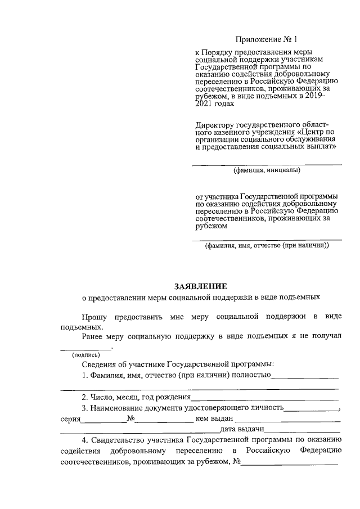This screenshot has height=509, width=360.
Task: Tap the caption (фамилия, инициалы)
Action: pos(267,170)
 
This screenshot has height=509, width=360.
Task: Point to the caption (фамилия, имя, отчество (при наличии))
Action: pos(267,246)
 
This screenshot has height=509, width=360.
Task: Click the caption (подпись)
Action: pos(85,355)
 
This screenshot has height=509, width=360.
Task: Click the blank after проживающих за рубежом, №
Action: pos(290,465)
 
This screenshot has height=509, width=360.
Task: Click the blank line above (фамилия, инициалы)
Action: pos(267,164)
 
